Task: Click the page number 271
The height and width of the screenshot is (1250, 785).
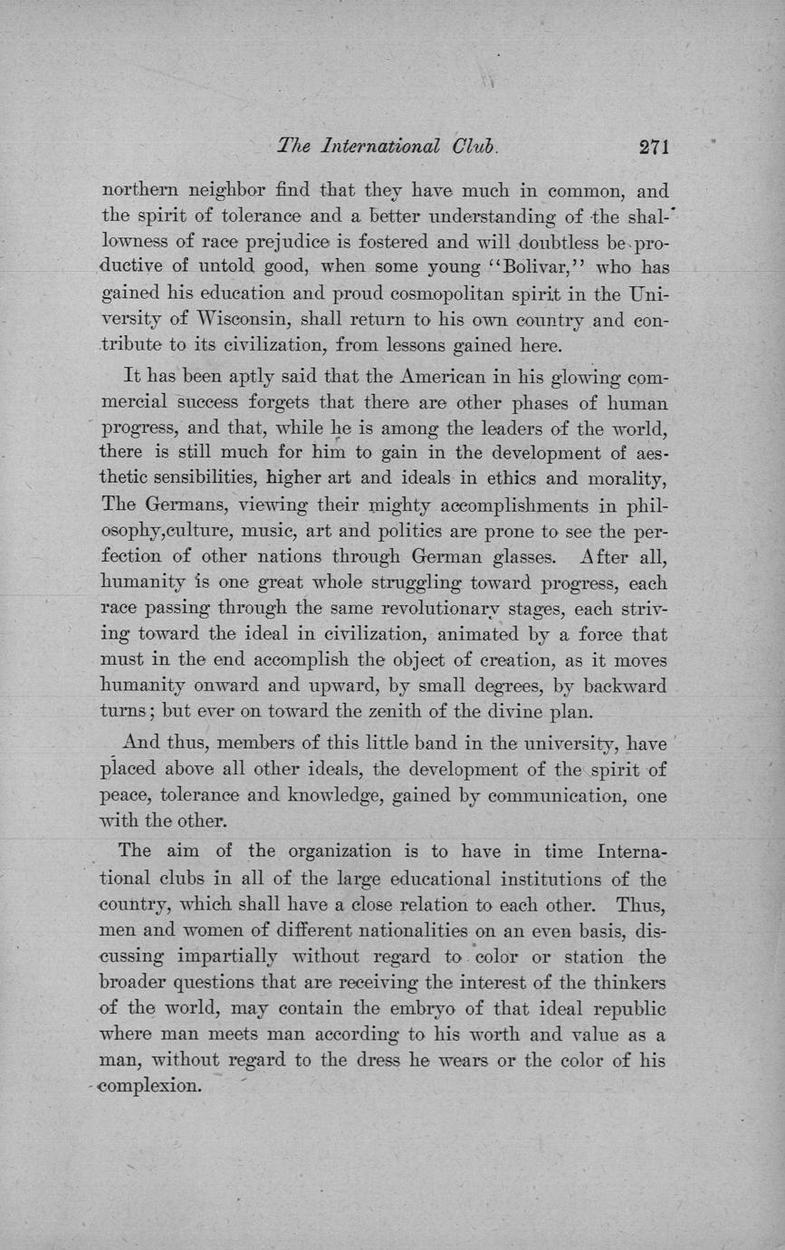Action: (x=653, y=147)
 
